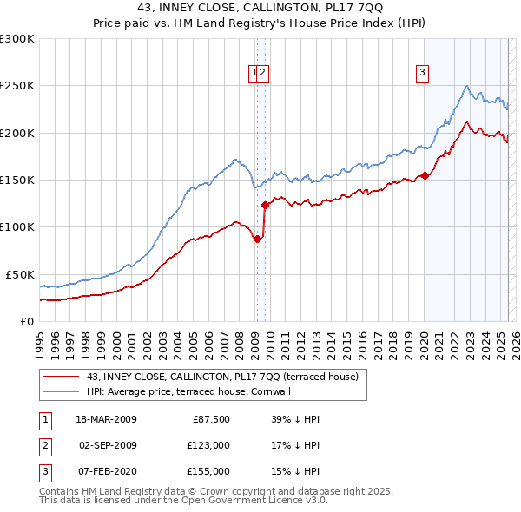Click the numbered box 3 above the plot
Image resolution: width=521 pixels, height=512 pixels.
423,73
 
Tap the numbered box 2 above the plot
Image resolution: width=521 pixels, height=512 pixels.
262,73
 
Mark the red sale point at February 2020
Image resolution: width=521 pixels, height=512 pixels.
425,176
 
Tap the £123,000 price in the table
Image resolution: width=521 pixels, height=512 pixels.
208,444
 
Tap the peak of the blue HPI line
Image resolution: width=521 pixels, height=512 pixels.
467,85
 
